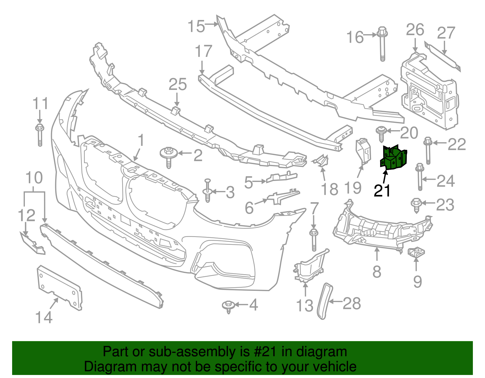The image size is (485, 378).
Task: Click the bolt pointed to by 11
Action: [40, 134]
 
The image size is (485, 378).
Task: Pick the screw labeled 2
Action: [169, 156]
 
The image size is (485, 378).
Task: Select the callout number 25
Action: [178, 84]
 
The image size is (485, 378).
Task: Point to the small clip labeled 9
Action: [416, 252]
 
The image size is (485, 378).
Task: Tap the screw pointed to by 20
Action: [380, 133]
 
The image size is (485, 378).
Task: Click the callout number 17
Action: [203, 51]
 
